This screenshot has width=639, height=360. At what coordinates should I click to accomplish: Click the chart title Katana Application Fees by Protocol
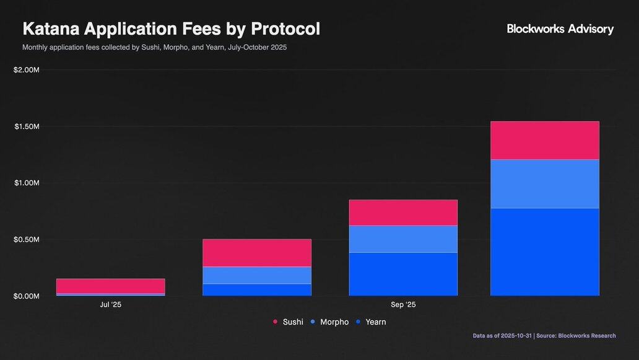pyautogui.click(x=171, y=29)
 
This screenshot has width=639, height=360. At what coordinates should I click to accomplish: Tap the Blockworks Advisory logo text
pyautogui.click(x=560, y=29)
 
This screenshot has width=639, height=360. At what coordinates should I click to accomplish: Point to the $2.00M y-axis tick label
pyautogui.click(x=26, y=70)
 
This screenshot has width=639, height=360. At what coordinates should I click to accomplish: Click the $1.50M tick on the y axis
pyautogui.click(x=26, y=126)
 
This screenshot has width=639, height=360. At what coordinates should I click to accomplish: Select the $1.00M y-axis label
pyautogui.click(x=26, y=183)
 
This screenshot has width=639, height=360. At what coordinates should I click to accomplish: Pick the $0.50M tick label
pyautogui.click(x=26, y=240)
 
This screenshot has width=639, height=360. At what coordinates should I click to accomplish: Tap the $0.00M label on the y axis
pyautogui.click(x=26, y=296)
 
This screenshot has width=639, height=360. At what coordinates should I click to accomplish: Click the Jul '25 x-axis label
pyautogui.click(x=111, y=305)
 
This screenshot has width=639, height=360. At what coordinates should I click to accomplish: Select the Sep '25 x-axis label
pyautogui.click(x=403, y=305)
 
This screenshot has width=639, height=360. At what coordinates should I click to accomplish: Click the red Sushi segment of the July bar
pyautogui.click(x=111, y=286)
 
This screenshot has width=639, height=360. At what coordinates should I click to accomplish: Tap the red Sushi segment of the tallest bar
pyautogui.click(x=545, y=141)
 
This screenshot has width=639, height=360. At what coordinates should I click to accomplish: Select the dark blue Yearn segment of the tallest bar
pyautogui.click(x=545, y=252)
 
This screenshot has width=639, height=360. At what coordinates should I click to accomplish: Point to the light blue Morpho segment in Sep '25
pyautogui.click(x=403, y=239)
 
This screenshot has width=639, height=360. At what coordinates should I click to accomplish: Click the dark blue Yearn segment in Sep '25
pyautogui.click(x=403, y=274)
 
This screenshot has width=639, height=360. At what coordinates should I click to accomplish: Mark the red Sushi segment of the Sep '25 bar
pyautogui.click(x=403, y=213)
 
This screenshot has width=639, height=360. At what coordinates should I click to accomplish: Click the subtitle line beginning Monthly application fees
pyautogui.click(x=154, y=47)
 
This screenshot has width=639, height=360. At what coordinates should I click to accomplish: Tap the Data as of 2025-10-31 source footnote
pyautogui.click(x=544, y=336)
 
